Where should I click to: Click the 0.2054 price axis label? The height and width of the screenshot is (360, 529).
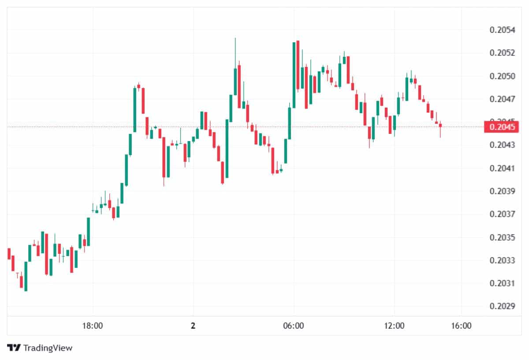click(502, 30)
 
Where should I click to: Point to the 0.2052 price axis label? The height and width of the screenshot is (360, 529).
click(502, 53)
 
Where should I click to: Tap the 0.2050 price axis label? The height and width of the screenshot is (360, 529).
click(502, 76)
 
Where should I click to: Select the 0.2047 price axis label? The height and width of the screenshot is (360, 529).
click(502, 99)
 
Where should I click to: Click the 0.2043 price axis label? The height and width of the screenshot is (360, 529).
click(502, 145)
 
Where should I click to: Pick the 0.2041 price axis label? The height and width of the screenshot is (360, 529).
click(502, 168)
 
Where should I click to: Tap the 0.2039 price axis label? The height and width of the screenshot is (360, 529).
click(502, 191)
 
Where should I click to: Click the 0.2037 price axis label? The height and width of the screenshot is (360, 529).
click(502, 214)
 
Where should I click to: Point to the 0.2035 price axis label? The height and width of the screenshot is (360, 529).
click(502, 238)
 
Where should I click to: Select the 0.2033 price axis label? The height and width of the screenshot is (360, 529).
click(502, 260)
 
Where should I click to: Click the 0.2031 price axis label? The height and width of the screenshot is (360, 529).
click(502, 283)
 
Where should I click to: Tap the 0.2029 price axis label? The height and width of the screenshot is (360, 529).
click(502, 306)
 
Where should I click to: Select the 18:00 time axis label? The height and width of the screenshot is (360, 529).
click(93, 326)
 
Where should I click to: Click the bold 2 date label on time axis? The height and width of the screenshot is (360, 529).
click(193, 326)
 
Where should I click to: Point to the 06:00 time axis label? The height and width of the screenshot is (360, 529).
click(294, 326)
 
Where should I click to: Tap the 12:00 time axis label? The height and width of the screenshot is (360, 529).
click(394, 326)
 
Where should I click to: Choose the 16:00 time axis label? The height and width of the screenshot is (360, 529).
click(462, 326)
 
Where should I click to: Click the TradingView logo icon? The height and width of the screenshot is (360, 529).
click(14, 348)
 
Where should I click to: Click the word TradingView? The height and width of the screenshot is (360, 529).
click(48, 348)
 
